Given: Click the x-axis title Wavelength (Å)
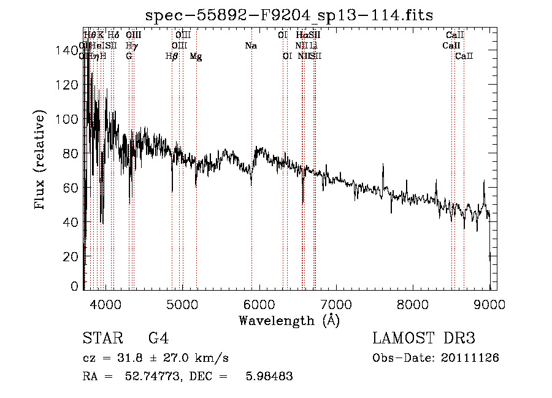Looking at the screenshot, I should tap(289, 320).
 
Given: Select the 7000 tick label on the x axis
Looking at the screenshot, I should tap(335, 304).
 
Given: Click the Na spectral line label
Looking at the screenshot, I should tap(250, 46).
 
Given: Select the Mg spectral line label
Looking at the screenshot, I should tap(196, 56).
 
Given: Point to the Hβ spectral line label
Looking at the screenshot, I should tap(172, 56).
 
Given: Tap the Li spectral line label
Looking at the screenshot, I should tap(313, 46).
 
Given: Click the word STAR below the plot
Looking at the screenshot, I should tap(102, 339).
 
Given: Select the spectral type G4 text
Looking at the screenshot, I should tap(159, 339).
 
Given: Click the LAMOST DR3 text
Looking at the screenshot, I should tap(424, 339).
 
